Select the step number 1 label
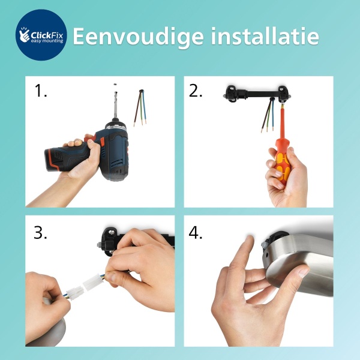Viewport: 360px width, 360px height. tap(41, 92)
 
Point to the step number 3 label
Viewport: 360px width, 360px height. tap(41, 232)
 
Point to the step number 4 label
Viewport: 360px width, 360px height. tap(197, 232)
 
